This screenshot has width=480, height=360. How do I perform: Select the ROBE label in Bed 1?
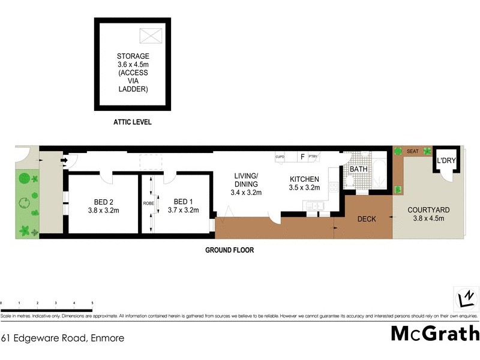click(x=148, y=203)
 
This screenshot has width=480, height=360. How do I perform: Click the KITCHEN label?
click(x=305, y=179)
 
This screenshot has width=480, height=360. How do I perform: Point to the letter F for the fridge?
click(x=302, y=157)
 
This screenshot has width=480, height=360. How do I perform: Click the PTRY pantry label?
click(x=313, y=157)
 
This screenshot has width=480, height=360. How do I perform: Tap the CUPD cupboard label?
click(x=280, y=157)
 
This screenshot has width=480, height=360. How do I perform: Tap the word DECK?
click(x=366, y=219)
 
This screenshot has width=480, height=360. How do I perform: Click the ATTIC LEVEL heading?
click(x=132, y=122)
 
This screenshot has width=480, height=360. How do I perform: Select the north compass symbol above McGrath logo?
click(x=465, y=298)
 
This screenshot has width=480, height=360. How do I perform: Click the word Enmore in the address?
click(x=107, y=338)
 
